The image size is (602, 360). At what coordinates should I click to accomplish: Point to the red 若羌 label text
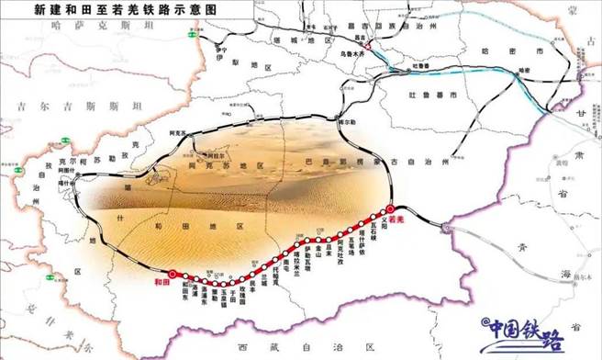[397, 221]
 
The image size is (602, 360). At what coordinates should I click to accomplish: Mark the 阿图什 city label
[64, 170]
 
